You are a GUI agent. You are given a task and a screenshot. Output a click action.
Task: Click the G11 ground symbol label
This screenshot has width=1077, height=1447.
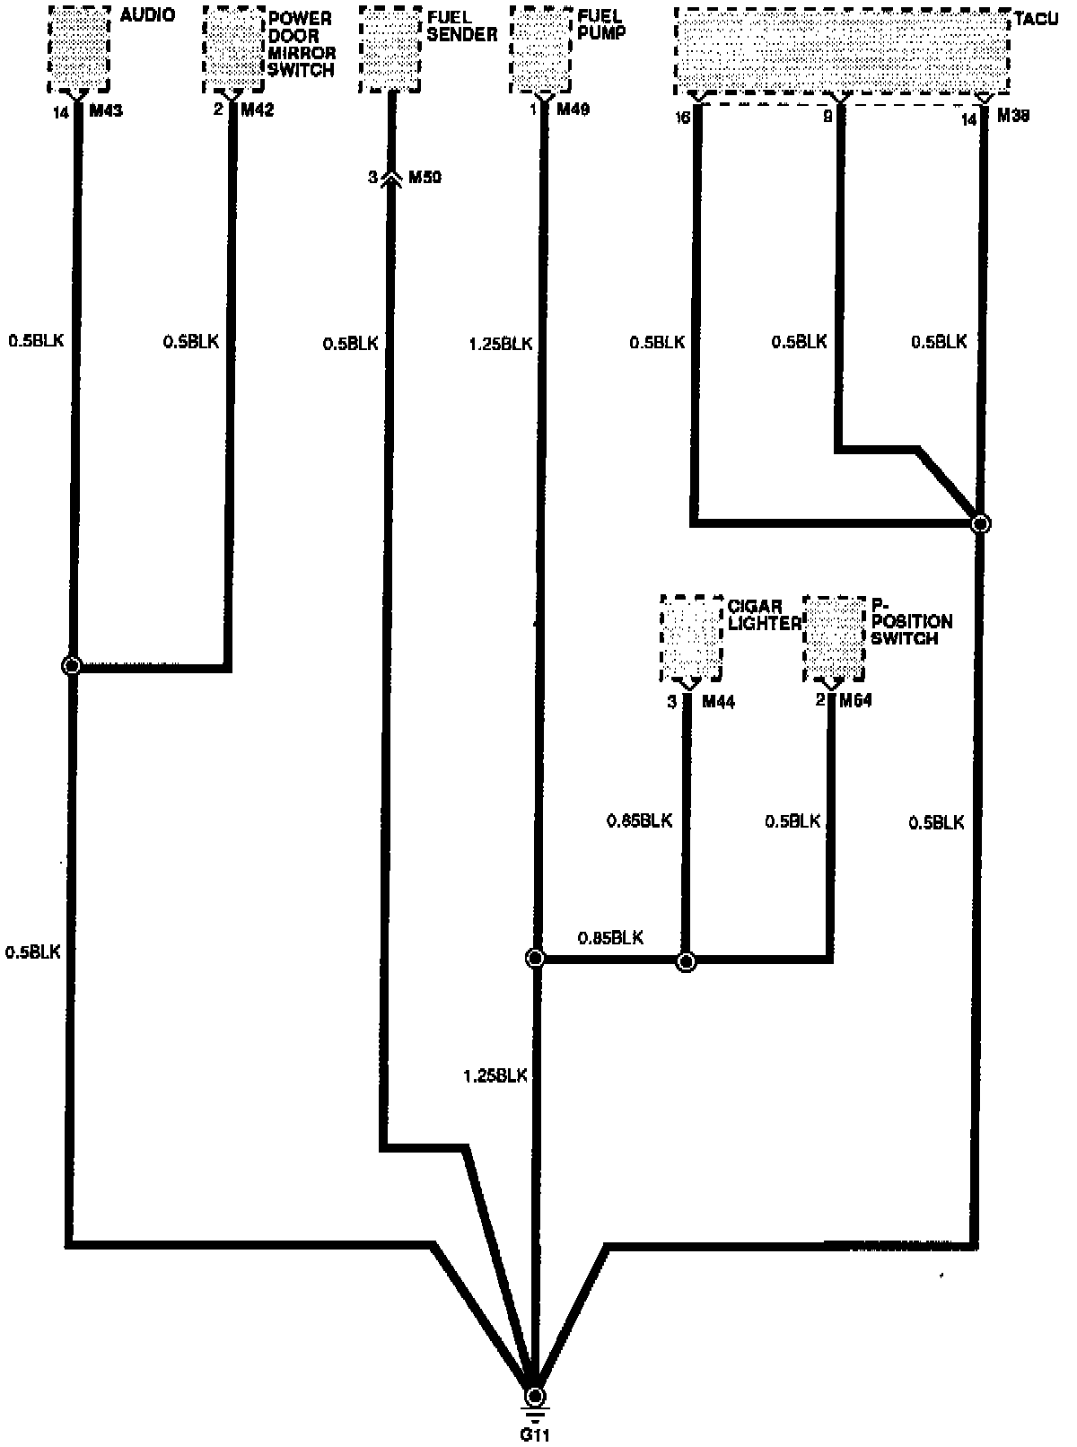pyautogui.click(x=535, y=1434)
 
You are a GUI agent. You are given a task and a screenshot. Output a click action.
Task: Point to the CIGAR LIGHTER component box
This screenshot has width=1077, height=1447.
pyautogui.click(x=691, y=637)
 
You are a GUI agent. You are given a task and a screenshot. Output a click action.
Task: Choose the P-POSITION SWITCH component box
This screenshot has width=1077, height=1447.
pyautogui.click(x=835, y=637)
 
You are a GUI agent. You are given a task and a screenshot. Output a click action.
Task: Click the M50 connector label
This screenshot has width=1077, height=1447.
pyautogui.click(x=425, y=177)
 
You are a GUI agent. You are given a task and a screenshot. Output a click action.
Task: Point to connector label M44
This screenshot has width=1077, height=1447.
pyautogui.click(x=718, y=702)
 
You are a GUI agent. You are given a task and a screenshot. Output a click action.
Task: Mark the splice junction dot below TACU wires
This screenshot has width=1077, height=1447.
pyautogui.click(x=981, y=523)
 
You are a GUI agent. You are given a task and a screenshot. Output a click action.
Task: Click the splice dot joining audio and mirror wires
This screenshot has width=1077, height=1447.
pyautogui.click(x=71, y=666)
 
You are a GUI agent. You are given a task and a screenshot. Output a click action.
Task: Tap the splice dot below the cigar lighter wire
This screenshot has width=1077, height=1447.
pyautogui.click(x=686, y=961)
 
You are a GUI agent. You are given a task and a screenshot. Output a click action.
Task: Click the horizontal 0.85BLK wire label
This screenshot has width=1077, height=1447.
pyautogui.click(x=610, y=937)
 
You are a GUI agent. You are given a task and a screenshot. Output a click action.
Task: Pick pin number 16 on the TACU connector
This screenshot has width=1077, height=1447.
pyautogui.click(x=683, y=118)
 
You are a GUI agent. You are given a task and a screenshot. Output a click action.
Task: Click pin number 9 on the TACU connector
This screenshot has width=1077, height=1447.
pyautogui.click(x=827, y=117)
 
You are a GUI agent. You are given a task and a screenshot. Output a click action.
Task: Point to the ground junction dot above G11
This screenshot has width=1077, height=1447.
pyautogui.click(x=535, y=1396)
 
